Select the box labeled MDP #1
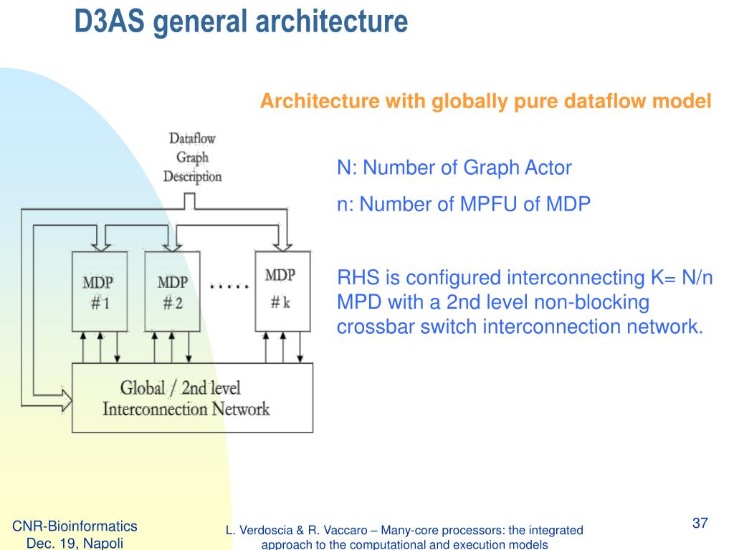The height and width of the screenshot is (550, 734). tap(100, 291)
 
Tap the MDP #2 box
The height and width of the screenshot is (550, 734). tap(172, 291)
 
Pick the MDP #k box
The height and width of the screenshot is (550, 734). tap(282, 290)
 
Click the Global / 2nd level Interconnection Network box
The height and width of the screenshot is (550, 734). tap(192, 398)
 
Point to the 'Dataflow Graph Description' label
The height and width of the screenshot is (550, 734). tap(192, 157)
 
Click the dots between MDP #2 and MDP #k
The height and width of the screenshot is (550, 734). tap(229, 286)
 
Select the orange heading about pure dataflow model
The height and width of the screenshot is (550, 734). tap(485, 102)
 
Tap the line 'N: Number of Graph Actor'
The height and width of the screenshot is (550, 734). tap(454, 168)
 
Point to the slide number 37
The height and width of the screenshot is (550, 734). tap(700, 524)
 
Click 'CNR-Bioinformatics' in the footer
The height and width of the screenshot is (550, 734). tap(75, 527)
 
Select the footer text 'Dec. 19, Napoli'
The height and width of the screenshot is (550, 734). tap(75, 544)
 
